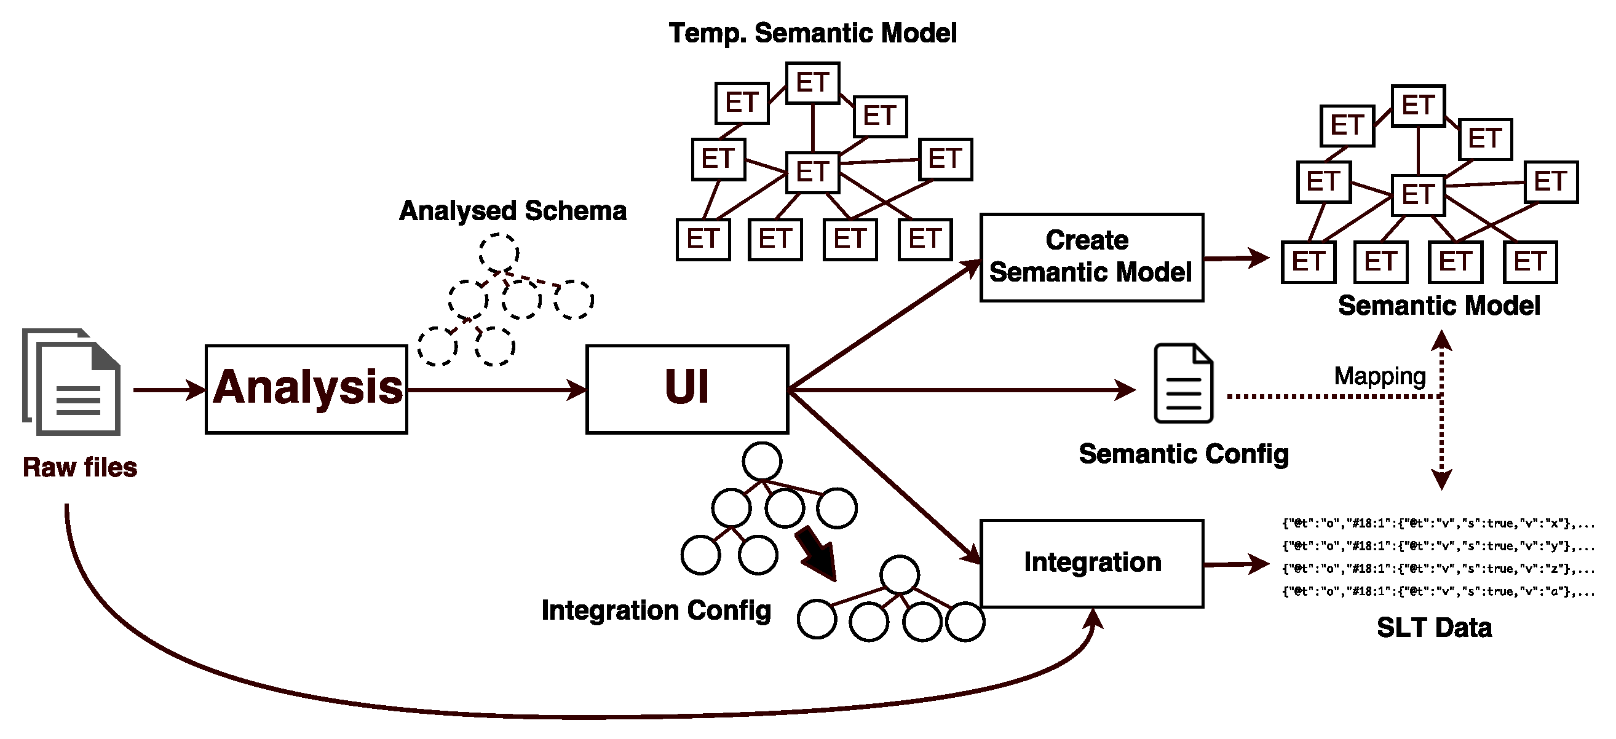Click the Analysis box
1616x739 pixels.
coord(306,389)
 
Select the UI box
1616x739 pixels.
coord(687,389)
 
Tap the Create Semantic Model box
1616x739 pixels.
coord(1091,257)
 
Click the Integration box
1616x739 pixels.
coord(1091,563)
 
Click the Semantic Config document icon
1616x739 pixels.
coord(1183,383)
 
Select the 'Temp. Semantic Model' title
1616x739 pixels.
coord(812,33)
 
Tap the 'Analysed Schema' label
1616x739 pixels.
coord(512,211)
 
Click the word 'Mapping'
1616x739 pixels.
coord(1379,376)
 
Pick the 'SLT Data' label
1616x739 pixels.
coord(1434,627)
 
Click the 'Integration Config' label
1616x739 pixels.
coord(656,610)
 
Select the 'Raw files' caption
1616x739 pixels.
coord(80,467)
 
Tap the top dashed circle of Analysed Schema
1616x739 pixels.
coord(499,253)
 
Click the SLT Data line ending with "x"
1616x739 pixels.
coord(1436,523)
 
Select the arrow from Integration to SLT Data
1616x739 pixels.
coord(1236,564)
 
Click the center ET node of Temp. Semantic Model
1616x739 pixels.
coord(812,172)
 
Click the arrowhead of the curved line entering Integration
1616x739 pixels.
coord(1094,618)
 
